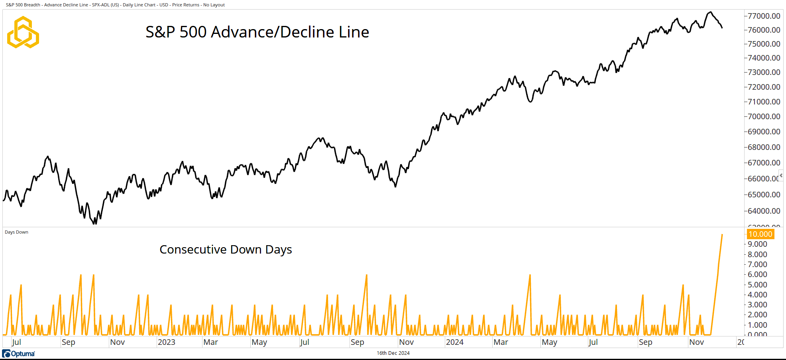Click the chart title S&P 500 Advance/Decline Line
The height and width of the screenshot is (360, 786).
pos(257,32)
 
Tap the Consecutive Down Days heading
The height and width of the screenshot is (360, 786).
pos(226,250)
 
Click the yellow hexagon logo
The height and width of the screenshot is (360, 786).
pos(23,32)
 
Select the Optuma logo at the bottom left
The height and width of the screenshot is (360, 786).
pos(19,354)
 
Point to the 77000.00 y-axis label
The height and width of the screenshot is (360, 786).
pos(764,16)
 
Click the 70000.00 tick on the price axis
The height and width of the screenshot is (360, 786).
pos(764,116)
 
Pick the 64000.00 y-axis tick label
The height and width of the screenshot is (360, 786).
pos(764,211)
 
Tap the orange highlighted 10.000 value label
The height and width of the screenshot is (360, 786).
pos(760,234)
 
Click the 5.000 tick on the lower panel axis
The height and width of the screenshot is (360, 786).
pos(757,285)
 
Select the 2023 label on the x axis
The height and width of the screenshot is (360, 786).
pos(166,342)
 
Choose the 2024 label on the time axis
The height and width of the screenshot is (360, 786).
pos(454,342)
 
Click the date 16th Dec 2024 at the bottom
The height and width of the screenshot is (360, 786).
pos(393,353)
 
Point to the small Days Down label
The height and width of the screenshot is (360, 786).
pos(16,232)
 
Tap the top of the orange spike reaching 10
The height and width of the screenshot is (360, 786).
pos(722,235)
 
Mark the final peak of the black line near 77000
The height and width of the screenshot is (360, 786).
pos(710,12)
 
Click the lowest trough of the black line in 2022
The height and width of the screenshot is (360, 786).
pos(95,224)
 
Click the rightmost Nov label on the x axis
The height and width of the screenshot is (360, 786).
pos(696,342)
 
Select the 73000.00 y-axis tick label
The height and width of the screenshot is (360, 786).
pos(764,72)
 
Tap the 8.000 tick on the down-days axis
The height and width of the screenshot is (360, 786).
pos(757,254)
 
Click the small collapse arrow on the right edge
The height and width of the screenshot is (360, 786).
pos(781,175)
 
